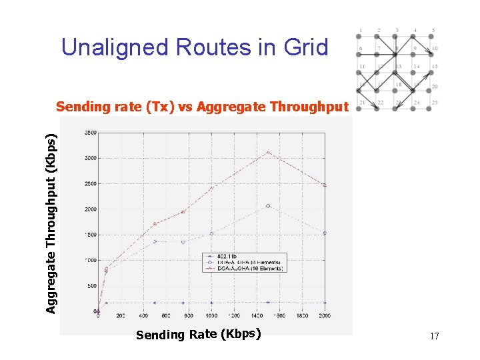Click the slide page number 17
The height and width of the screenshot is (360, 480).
pos(434,337)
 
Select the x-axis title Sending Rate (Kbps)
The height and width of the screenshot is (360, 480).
pos(198,334)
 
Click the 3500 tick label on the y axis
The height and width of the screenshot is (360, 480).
pos(89,133)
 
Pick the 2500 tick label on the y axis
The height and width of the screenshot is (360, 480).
pos(89,183)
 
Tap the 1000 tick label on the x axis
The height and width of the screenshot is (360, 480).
pos(211,315)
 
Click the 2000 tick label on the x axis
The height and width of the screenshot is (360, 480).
pos(324,315)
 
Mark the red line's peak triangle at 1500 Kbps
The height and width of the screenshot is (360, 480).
pos(268,152)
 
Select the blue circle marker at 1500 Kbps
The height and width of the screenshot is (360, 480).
pos(268,206)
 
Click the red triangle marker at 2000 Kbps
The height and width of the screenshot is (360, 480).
pos(325,185)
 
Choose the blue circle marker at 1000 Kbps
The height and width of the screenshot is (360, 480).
pos(211,234)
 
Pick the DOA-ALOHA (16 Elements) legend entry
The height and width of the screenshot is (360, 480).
pos(247,268)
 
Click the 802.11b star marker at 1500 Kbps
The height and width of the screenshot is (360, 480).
pos(268,302)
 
